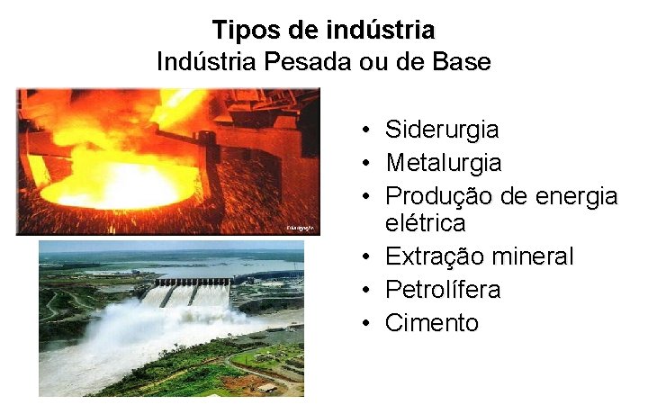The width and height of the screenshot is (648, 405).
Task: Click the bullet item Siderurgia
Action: pyautogui.click(x=441, y=130)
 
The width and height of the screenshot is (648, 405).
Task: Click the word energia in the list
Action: pyautogui.click(x=577, y=196)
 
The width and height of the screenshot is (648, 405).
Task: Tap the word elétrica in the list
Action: pyautogui.click(x=425, y=222)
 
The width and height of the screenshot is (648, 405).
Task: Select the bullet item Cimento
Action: pyautogui.click(x=432, y=323)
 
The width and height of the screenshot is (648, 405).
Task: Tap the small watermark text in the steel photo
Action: pyautogui.click(x=300, y=229)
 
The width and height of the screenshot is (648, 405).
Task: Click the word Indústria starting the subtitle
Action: pyautogui.click(x=206, y=62)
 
